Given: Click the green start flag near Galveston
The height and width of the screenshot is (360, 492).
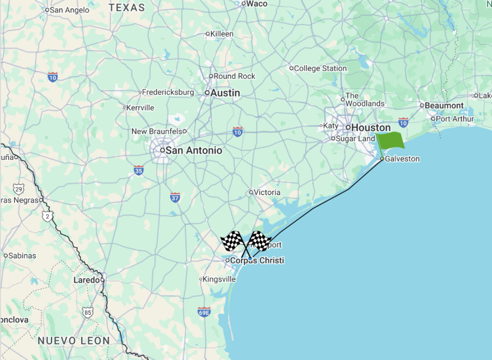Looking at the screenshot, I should tap(390, 140).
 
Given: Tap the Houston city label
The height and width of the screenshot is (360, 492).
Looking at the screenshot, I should tap(370, 128).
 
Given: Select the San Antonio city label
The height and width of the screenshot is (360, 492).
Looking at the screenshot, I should tap(194, 151).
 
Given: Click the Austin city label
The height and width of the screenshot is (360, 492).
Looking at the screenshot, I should tap(225, 93).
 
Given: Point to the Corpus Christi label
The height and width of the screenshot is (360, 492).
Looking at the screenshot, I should tap(257, 261).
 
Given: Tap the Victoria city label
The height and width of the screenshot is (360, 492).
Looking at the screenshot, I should tap(267, 192).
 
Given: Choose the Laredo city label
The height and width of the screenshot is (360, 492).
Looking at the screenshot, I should tap(86, 280).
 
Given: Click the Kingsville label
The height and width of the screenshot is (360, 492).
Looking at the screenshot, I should tap(219, 279).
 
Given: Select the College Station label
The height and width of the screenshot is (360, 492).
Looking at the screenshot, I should tap(320, 69).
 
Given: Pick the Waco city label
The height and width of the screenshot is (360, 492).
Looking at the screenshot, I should tap(257, 4).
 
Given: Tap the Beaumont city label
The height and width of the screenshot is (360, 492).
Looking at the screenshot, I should tap(444, 106).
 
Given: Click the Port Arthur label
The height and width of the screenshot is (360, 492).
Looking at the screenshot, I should tap(455, 119).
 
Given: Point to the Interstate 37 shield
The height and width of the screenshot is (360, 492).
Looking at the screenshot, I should tap(175, 197).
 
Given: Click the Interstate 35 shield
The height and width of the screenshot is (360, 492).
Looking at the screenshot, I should tap(138, 170).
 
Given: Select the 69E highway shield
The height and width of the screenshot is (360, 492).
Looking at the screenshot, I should tap(204, 312).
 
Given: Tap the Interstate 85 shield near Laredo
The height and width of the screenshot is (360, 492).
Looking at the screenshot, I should tap(87, 313).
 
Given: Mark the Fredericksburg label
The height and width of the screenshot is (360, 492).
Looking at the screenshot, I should tap(168, 92).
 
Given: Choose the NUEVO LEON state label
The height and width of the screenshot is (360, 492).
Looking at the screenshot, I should tap(74, 341).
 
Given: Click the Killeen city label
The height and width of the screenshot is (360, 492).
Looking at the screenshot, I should tap(222, 34).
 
